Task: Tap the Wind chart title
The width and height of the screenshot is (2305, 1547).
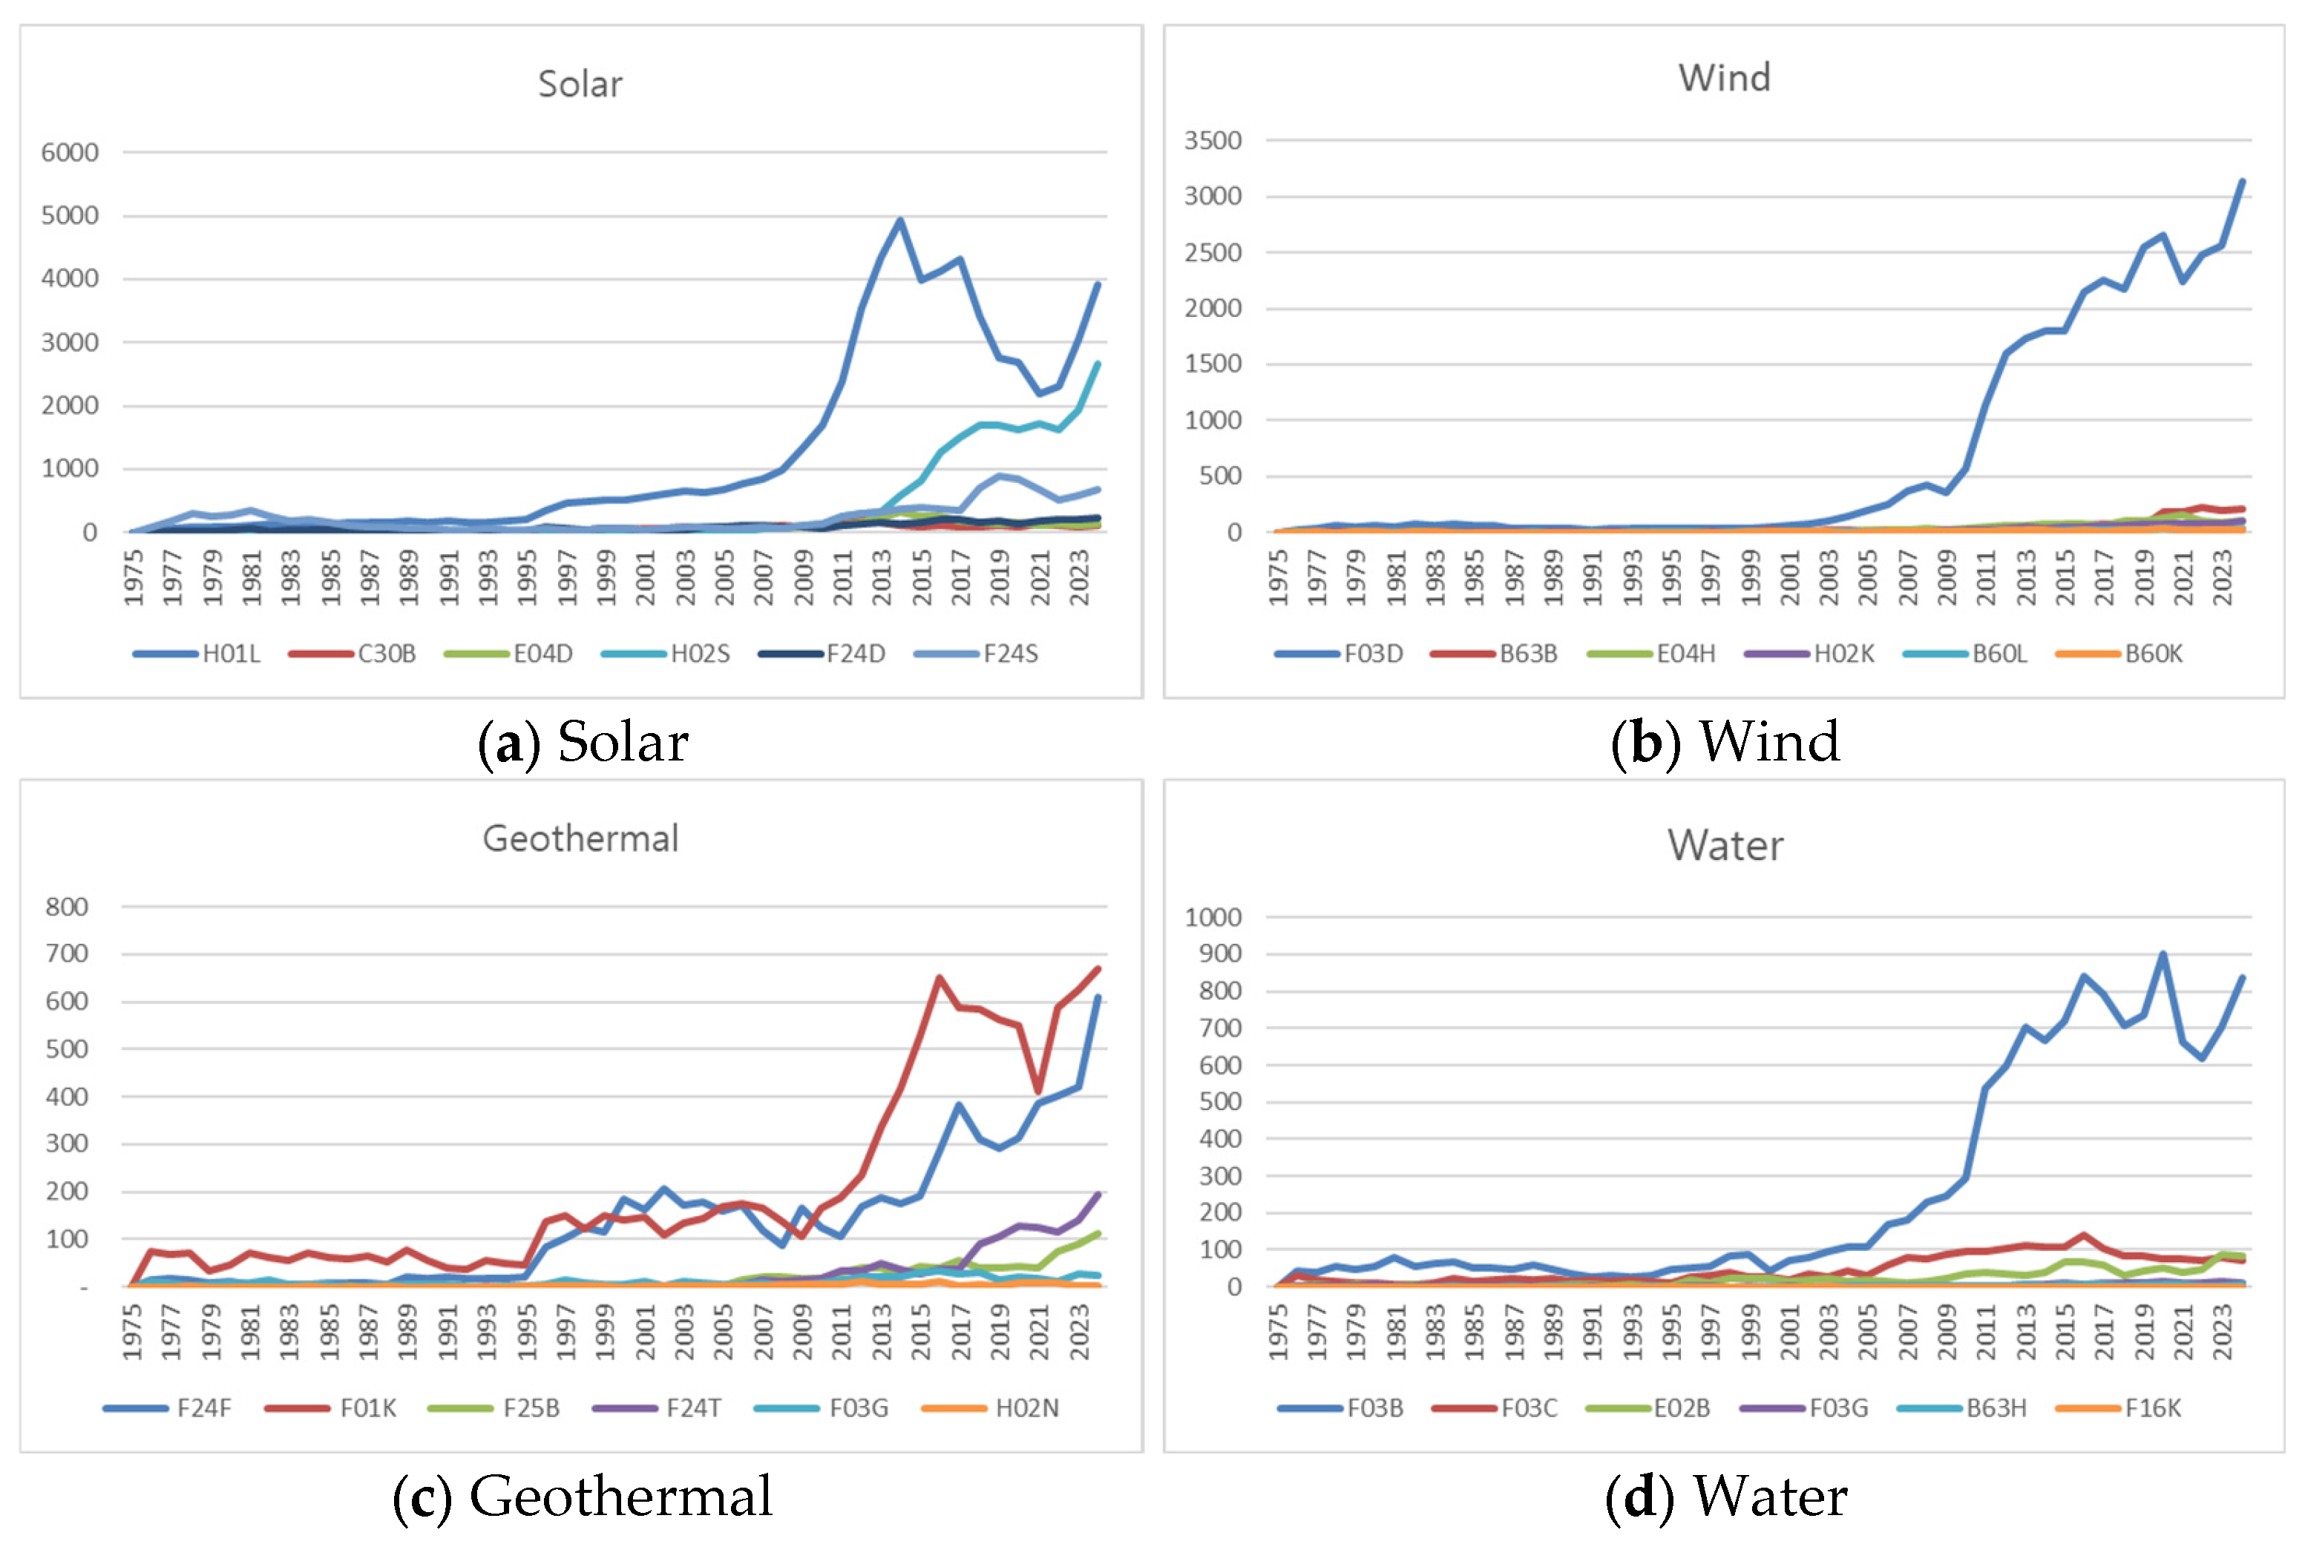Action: (x=1724, y=79)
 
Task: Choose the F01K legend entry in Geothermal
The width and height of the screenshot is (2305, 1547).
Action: (x=367, y=1408)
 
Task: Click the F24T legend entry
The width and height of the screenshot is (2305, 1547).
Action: (x=692, y=1408)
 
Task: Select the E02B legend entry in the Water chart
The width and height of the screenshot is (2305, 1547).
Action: (x=1682, y=1408)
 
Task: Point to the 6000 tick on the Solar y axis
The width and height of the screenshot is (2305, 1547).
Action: (x=69, y=153)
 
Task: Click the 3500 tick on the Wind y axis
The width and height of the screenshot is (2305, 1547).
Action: (x=1213, y=141)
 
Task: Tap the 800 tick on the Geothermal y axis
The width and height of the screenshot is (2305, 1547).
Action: (x=67, y=907)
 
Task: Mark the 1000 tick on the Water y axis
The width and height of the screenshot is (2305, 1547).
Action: (x=1213, y=918)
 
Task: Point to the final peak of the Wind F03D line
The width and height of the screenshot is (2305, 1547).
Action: (x=2242, y=182)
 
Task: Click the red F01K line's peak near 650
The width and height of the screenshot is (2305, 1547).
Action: (x=940, y=978)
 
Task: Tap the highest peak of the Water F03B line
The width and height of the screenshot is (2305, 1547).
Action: (x=2163, y=954)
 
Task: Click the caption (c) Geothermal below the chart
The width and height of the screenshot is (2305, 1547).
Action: (x=582, y=1496)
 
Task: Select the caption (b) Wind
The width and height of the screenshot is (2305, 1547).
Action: (x=1725, y=742)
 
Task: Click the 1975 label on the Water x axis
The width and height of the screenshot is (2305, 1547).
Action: (x=1278, y=1332)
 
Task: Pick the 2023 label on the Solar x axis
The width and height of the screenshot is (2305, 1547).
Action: (x=1080, y=578)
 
